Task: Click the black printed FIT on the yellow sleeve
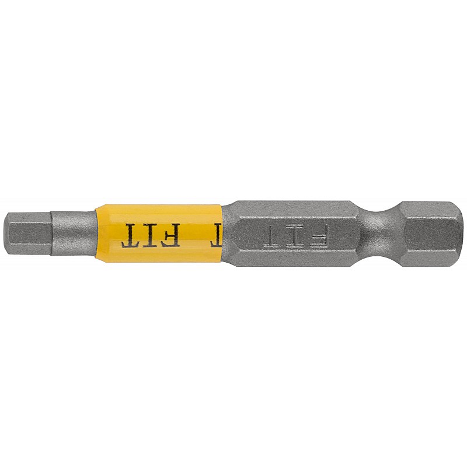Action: (151, 235)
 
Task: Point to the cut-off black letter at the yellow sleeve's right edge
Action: (217, 235)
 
